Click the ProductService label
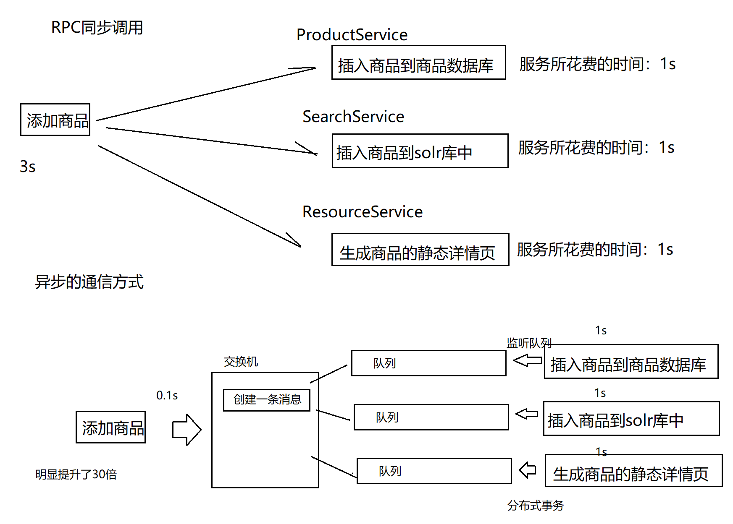[352, 35]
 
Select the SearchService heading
[353, 117]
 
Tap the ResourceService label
[363, 212]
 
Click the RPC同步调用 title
[97, 28]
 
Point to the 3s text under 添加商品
[28, 167]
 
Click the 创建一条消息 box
[267, 400]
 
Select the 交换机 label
[241, 362]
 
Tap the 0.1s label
[167, 395]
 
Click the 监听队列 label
[529, 343]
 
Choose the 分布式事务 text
[536, 506]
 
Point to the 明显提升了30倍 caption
[76, 474]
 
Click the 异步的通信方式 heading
[89, 282]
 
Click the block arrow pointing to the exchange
[187, 430]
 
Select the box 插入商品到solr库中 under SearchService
[420, 151]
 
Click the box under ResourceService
[420, 250]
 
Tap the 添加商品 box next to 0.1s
[111, 427]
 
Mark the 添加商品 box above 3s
[55, 120]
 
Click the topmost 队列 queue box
[429, 363]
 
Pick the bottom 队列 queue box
[434, 471]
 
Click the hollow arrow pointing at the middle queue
[527, 414]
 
